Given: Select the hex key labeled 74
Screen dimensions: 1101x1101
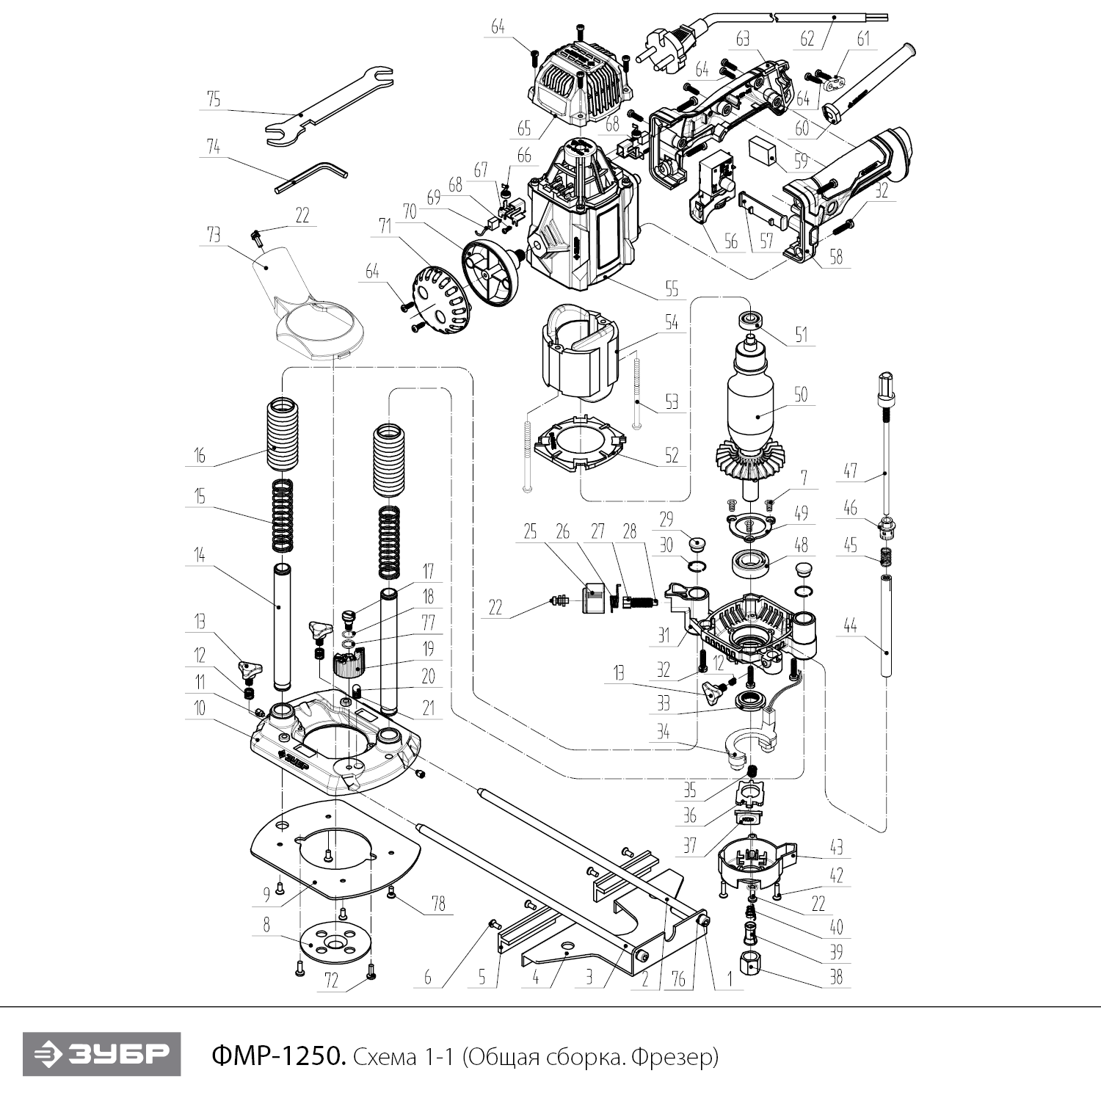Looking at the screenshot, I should [x=312, y=177].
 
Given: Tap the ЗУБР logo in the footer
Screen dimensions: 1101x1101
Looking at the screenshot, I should [x=101, y=1055].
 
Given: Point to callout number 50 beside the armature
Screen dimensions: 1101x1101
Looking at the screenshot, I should [x=800, y=394].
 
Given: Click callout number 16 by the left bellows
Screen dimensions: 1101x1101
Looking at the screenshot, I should [x=199, y=455].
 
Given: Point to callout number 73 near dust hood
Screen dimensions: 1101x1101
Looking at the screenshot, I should [x=214, y=234].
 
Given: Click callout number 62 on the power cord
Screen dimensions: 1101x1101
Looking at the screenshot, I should [x=807, y=38].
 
